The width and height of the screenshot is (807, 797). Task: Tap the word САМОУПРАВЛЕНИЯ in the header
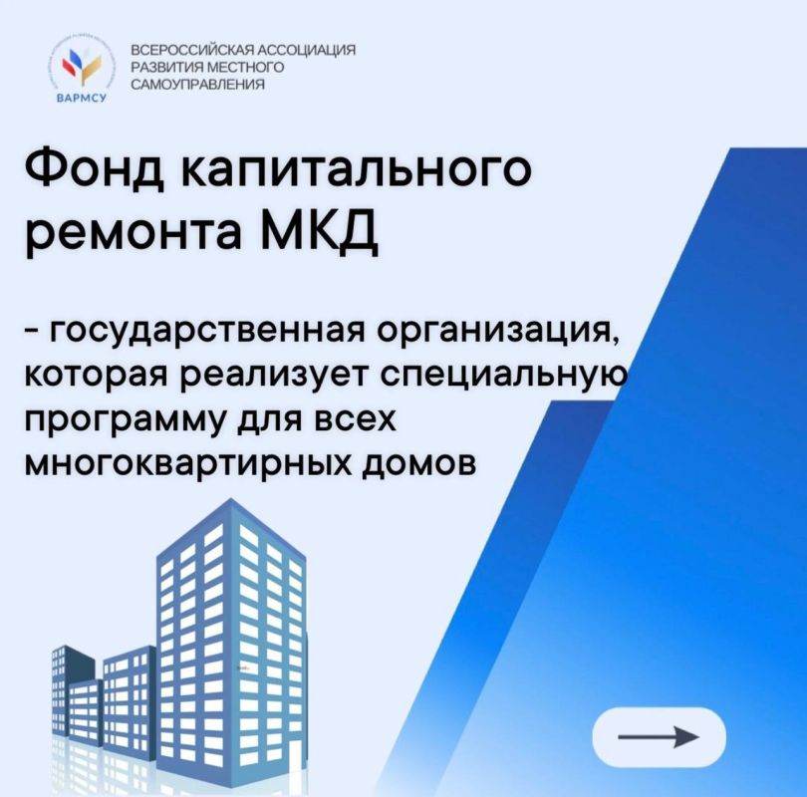click(197, 86)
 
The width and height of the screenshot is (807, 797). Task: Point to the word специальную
click(519, 377)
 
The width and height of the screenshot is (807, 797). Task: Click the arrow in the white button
click(658, 737)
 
